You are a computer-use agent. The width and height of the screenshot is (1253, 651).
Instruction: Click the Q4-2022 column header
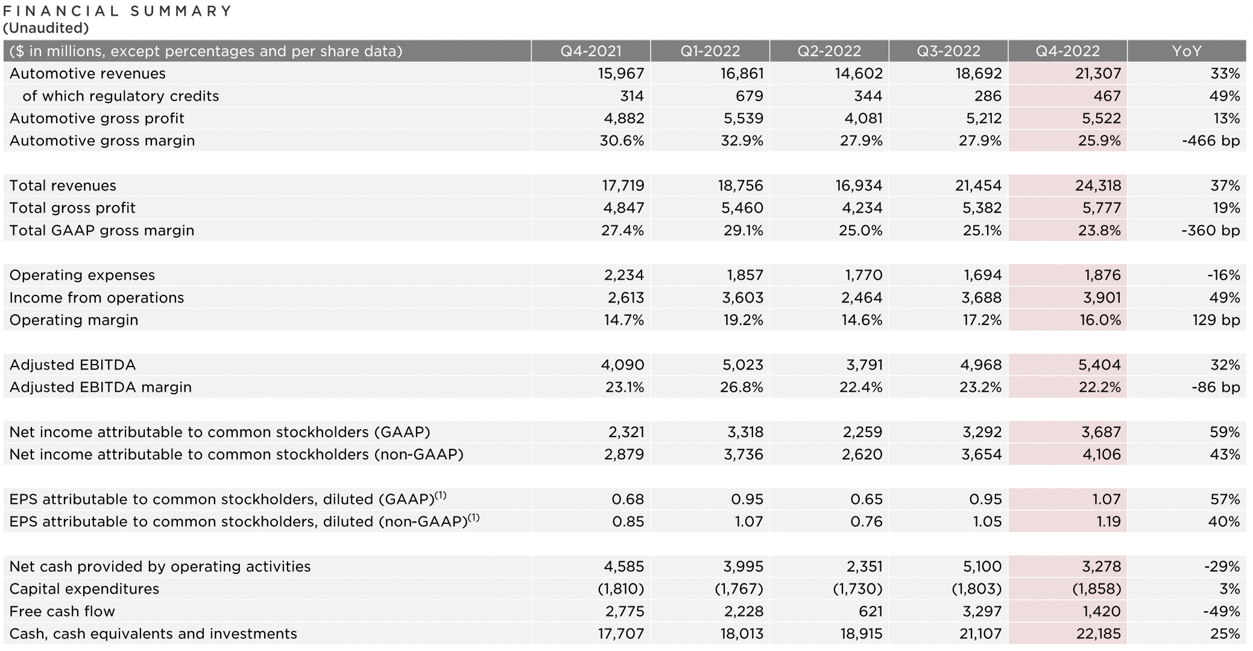tap(1067, 51)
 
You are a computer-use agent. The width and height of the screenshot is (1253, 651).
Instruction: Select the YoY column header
tap(1186, 51)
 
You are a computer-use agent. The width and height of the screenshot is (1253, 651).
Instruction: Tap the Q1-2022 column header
tap(710, 51)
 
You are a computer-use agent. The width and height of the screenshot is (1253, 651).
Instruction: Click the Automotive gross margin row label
tap(102, 140)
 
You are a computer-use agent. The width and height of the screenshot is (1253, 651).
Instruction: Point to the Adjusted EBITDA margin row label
tap(100, 387)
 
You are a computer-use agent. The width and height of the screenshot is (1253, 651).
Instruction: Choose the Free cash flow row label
tap(62, 611)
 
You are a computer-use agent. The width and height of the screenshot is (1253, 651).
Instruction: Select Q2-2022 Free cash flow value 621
tap(869, 611)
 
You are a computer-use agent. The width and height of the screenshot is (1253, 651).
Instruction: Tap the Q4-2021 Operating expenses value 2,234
tap(624, 275)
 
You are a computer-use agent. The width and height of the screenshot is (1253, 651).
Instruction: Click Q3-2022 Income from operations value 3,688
tap(981, 297)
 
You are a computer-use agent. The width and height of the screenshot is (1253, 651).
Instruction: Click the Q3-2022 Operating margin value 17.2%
tap(982, 320)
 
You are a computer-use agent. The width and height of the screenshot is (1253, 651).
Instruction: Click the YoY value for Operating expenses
tap(1223, 275)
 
